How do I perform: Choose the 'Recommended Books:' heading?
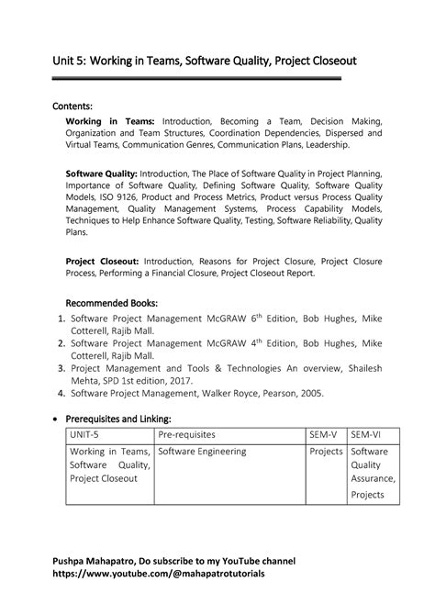coord(112,302)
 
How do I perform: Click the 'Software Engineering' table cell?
coord(203,452)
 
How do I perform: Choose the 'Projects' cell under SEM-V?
coord(326,452)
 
